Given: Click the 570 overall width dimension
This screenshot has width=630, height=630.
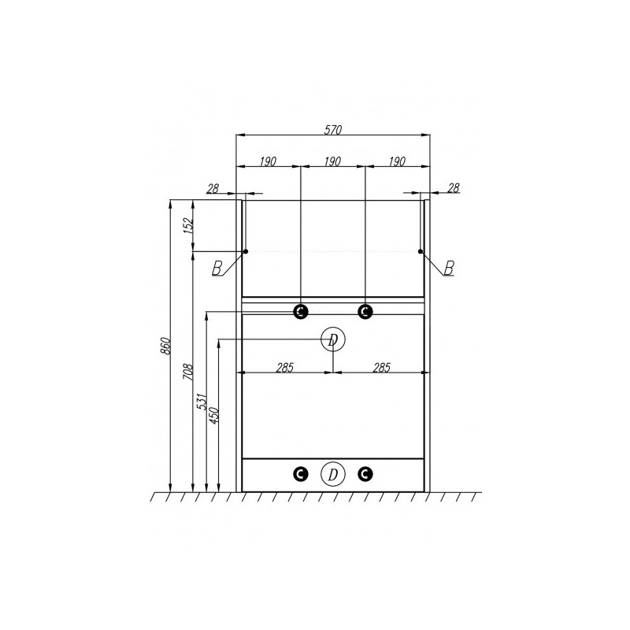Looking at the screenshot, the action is [333, 130].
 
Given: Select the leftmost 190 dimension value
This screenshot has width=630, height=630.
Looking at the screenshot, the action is [268, 161].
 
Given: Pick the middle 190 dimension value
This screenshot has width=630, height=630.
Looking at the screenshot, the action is [332, 161].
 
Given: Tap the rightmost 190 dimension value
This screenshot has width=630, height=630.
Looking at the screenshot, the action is [397, 161].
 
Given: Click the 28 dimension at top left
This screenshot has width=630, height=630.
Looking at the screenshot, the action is [213, 188].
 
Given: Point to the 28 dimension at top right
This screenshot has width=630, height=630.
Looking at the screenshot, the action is [454, 187].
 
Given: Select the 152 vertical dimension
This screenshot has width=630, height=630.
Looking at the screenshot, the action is [189, 225].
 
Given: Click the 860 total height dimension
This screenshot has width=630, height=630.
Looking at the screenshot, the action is [166, 346].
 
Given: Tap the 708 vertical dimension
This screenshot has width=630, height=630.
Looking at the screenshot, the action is [188, 372].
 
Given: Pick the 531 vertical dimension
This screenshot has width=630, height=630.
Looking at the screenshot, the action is [202, 402].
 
